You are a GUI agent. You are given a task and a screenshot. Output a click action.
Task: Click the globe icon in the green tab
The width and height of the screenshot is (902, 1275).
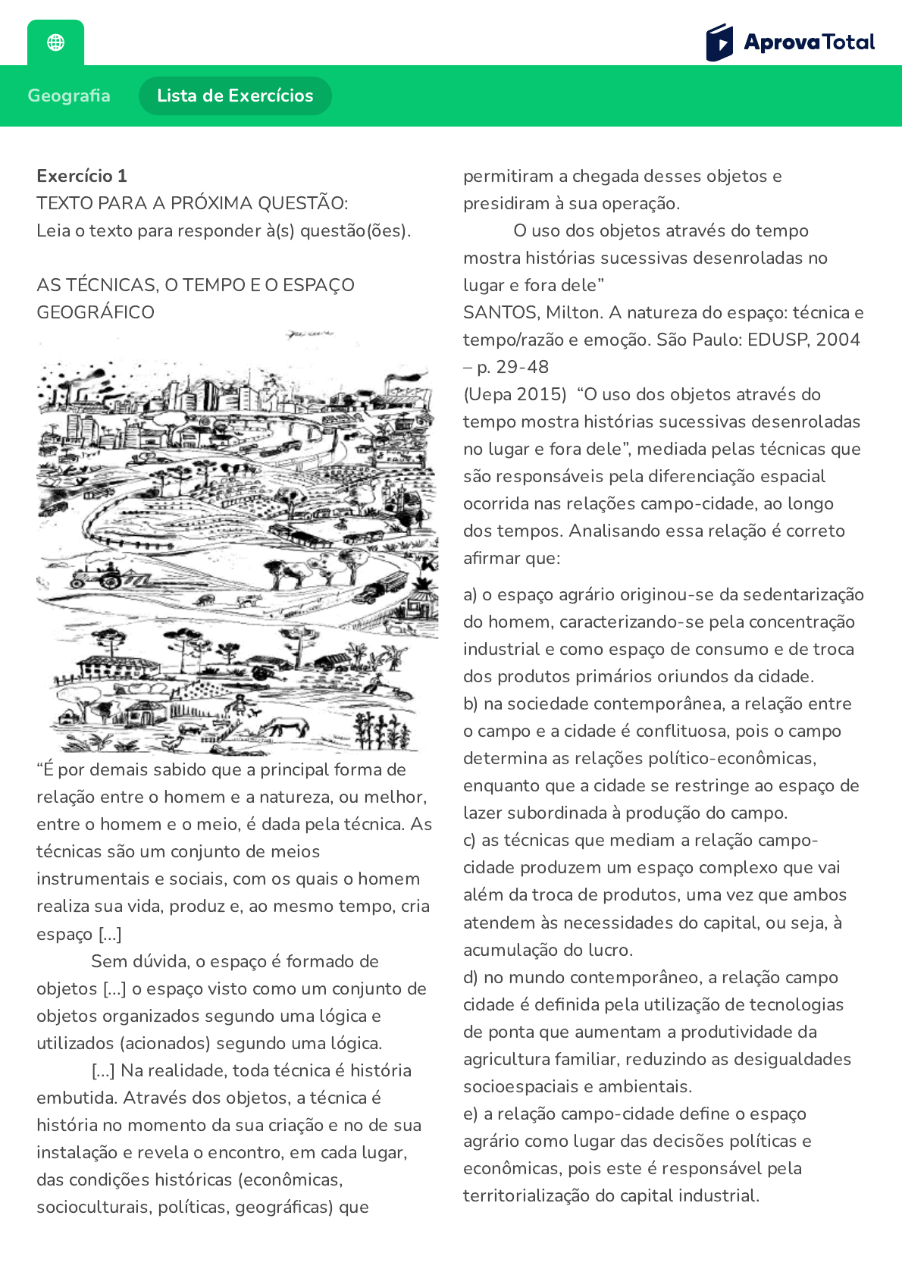point(55,42)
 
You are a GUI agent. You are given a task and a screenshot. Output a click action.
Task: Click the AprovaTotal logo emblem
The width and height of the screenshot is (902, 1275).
point(719,42)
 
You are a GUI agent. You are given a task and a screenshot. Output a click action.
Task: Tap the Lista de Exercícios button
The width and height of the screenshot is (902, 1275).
point(235,96)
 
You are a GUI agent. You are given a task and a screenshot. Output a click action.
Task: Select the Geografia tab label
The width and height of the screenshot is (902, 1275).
point(69,96)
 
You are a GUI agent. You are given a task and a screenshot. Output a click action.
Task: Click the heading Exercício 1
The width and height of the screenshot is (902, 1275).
point(82,176)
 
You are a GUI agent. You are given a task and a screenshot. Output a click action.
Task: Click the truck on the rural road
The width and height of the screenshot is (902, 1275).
point(381,586)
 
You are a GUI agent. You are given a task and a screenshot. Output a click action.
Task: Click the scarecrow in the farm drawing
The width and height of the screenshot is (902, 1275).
point(241,704)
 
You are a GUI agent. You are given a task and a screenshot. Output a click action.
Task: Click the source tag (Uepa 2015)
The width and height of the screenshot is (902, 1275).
point(515,394)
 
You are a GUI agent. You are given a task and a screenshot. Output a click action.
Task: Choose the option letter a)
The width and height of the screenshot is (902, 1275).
point(470,594)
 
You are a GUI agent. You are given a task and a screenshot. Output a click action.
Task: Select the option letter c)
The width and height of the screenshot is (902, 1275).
point(470,840)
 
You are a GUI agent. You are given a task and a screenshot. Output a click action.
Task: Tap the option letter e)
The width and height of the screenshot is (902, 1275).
point(470,1114)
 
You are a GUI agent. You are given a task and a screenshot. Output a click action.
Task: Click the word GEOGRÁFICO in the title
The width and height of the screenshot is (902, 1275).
point(96,312)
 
